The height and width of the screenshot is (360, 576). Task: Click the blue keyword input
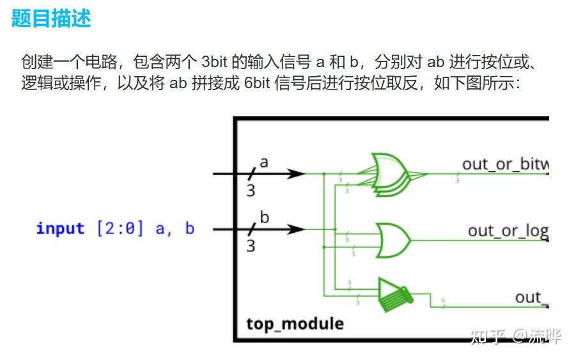coord(60,228)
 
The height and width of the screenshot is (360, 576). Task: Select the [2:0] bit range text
coord(120,228)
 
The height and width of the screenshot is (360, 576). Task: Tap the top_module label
coord(295,324)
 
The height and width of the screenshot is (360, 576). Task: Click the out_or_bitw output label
coord(505,164)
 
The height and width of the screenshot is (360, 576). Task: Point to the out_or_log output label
coord(508,230)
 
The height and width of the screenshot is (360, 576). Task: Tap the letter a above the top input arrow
coord(263,162)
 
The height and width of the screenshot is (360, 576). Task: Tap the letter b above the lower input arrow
coord(264,217)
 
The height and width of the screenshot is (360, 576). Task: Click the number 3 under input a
coord(251,190)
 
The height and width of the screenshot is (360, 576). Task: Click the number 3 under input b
coord(251,245)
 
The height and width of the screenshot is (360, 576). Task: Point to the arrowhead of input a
coord(295,173)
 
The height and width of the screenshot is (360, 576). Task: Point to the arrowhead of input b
coord(295,228)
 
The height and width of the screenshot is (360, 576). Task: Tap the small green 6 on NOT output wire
coord(443,300)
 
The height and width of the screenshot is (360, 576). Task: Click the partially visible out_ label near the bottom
coord(529,297)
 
